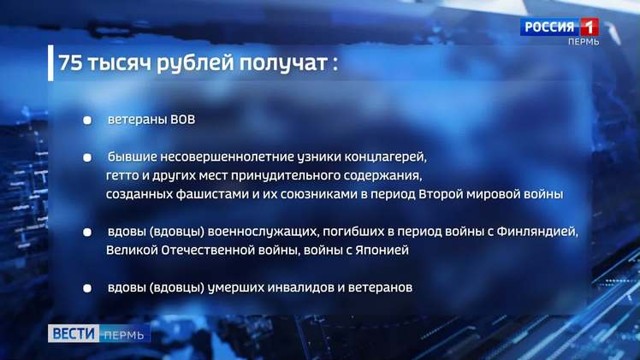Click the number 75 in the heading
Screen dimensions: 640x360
[70, 62]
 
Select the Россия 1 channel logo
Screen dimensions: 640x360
[560, 27]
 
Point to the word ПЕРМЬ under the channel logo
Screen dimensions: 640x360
[584, 42]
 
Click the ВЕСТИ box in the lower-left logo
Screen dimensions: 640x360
[74, 333]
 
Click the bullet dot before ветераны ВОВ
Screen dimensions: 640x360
[87, 121]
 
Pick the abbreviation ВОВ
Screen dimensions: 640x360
[183, 120]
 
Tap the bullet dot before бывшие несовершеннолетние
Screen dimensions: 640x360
[87, 158]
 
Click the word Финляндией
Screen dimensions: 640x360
[537, 232]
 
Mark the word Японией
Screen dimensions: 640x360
[382, 250]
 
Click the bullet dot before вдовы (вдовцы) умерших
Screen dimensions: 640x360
[87, 288]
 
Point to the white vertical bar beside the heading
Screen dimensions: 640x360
[50, 62]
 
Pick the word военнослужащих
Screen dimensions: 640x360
[263, 232]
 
